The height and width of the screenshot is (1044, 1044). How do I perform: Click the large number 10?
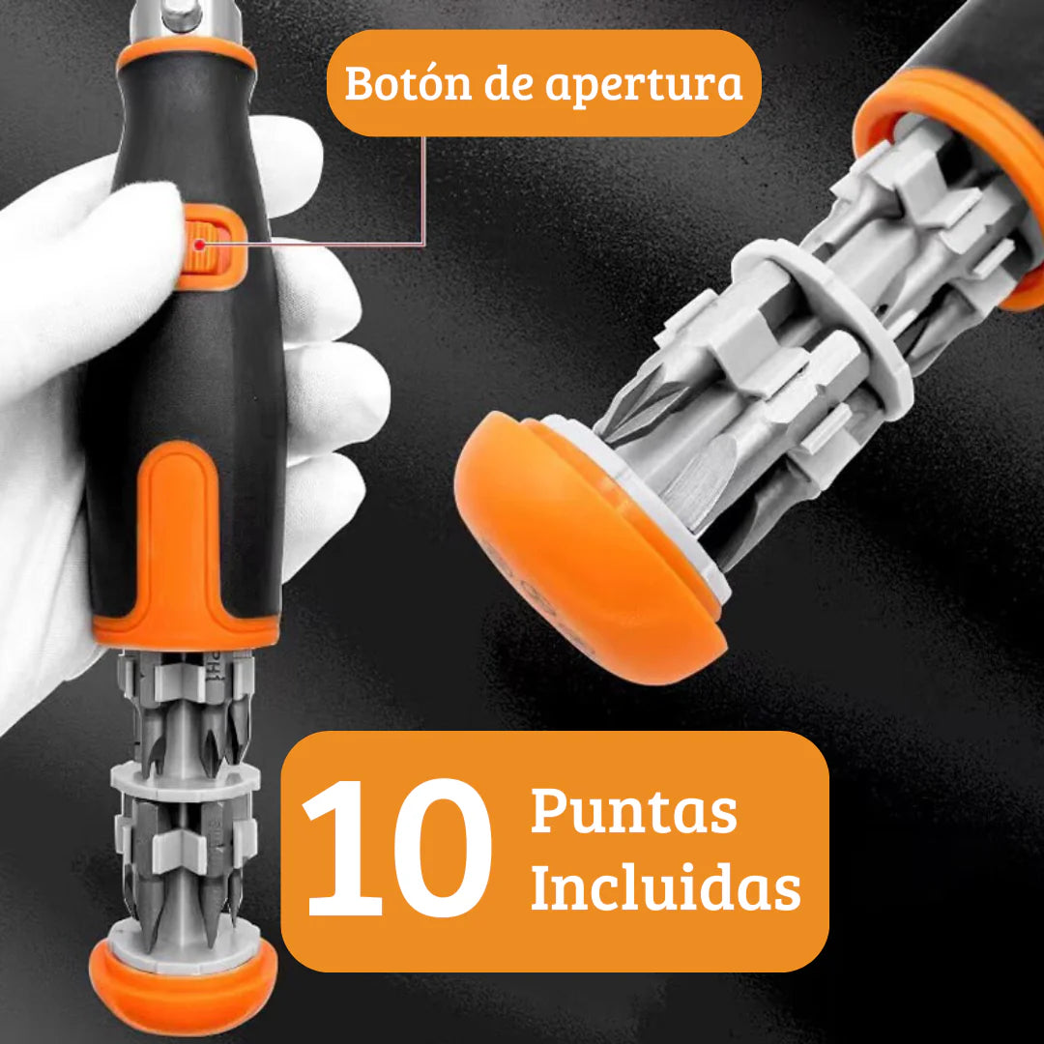[396, 848]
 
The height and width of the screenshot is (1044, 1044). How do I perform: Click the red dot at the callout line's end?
[199, 245]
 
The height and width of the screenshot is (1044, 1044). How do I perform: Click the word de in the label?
[508, 84]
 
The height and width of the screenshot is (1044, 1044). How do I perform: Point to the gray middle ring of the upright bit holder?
[183, 778]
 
